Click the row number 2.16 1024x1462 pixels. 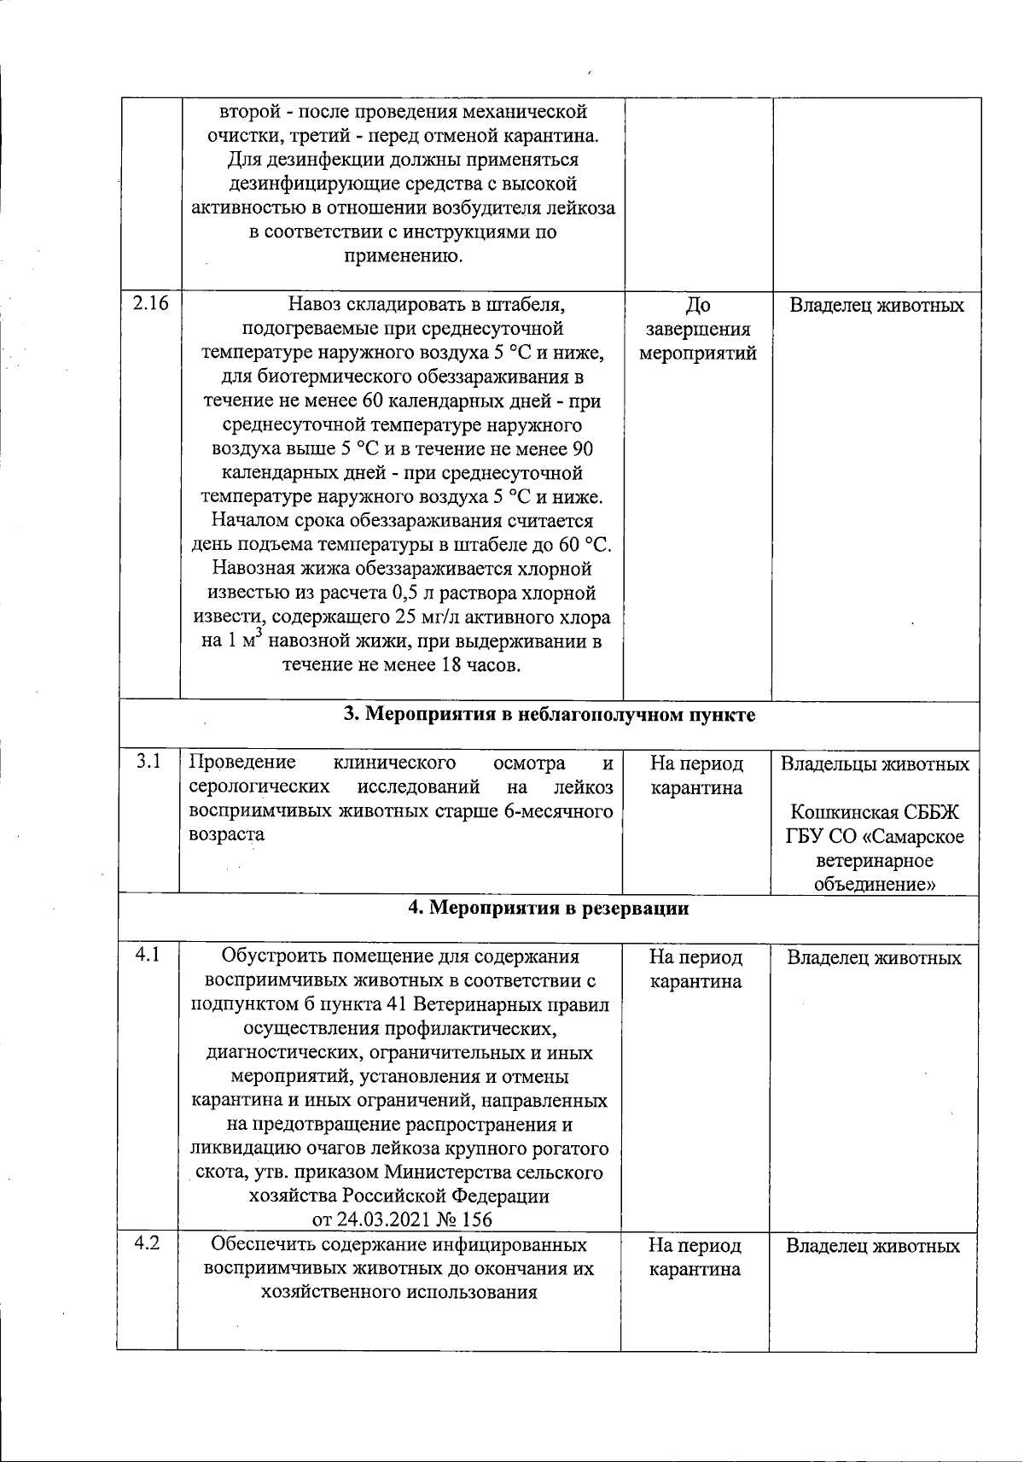(x=150, y=305)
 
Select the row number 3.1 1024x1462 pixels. (x=148, y=761)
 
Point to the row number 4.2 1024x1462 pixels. (x=148, y=1243)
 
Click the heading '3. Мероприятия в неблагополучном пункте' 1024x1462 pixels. (x=549, y=715)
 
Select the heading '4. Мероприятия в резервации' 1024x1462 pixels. (x=549, y=908)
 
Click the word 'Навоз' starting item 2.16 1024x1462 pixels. (x=312, y=305)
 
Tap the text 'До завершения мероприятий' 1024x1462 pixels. (x=698, y=329)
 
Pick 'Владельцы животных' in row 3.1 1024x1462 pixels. (x=875, y=763)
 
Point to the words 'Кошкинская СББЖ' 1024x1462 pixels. (x=875, y=811)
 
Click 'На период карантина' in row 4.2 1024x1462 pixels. (x=695, y=1258)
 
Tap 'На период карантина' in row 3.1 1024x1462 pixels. (x=696, y=775)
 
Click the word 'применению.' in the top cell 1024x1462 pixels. (x=403, y=255)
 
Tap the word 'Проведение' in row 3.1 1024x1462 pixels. (x=241, y=763)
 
